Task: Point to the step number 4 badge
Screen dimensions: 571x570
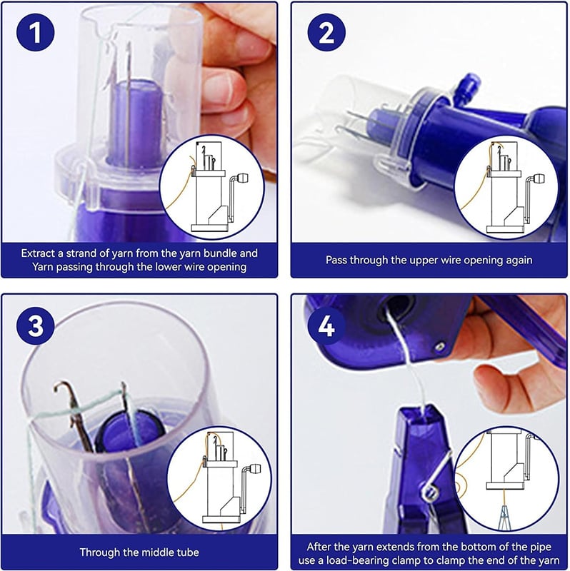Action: click(x=326, y=326)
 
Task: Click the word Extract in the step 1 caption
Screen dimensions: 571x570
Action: click(x=38, y=253)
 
